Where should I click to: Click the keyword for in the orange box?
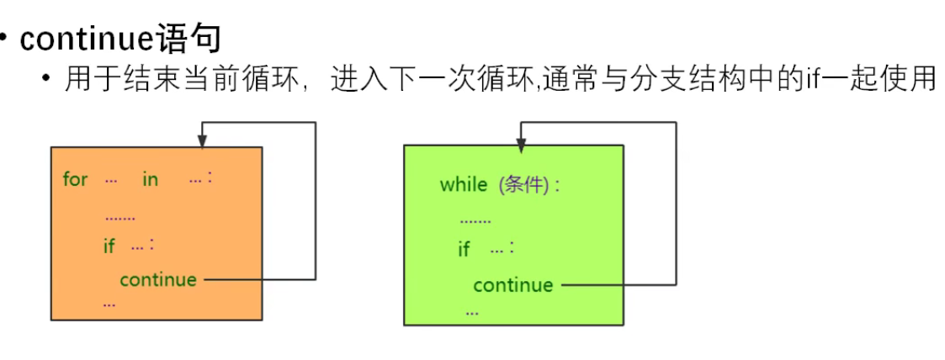[x=75, y=179]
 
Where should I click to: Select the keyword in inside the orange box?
[x=150, y=179]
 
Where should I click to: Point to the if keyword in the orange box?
[x=109, y=246]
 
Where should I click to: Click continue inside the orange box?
[x=158, y=279]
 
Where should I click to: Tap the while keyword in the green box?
[x=463, y=185]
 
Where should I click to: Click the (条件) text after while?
[x=526, y=185]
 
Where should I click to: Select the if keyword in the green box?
[x=464, y=250]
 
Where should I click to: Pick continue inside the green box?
[x=513, y=285]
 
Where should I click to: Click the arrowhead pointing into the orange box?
[x=201, y=140]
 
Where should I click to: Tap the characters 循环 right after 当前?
[x=275, y=82]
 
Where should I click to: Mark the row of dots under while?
[x=475, y=222]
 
